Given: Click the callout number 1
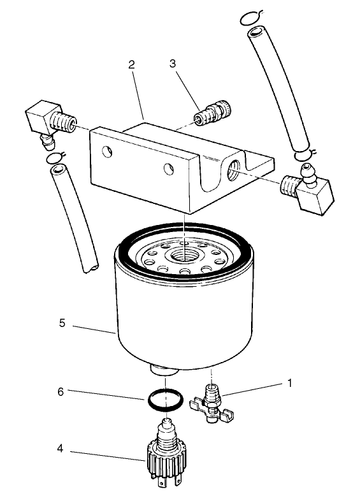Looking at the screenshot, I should (289, 383).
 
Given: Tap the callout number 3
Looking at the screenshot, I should (173, 64).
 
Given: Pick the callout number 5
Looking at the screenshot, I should (62, 324).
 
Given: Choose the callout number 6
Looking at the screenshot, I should (61, 392).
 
